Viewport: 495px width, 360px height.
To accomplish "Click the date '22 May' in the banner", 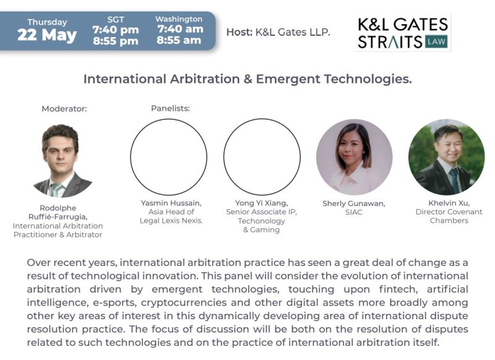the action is tap(47, 35).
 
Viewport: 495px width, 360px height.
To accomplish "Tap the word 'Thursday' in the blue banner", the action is tap(47, 22).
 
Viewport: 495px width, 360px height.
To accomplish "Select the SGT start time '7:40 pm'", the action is tap(116, 30).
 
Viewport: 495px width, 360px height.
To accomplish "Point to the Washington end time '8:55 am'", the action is tap(179, 40).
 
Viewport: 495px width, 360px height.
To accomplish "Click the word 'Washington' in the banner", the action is tap(179, 19).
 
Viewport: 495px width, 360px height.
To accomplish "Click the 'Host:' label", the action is tap(239, 32).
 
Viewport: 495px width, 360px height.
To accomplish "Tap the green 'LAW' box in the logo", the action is tap(436, 41).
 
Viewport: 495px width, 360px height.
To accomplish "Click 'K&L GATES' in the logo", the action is tap(403, 25).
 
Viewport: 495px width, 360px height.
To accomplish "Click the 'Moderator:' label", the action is tap(64, 109).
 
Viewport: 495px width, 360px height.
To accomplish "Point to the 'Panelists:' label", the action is tap(171, 108).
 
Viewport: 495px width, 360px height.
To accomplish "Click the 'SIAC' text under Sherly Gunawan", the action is tap(353, 212).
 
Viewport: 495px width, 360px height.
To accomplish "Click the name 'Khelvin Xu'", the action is tap(449, 203).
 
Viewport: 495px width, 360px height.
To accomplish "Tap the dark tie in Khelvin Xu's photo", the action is tap(455, 180).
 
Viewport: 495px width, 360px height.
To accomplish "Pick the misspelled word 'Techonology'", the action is tap(261, 221).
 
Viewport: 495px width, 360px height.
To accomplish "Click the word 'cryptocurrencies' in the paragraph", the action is tap(184, 302).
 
